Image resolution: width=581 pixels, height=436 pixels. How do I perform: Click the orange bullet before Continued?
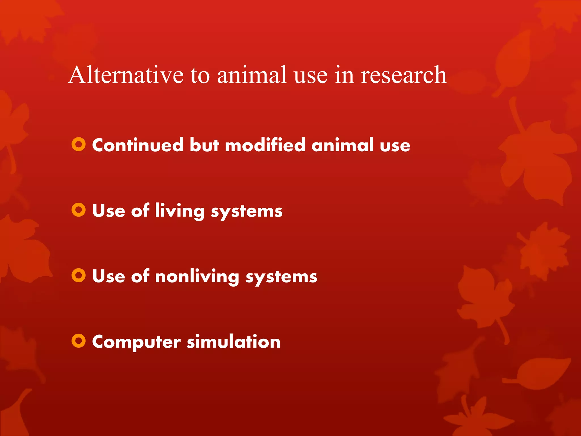[x=79, y=144]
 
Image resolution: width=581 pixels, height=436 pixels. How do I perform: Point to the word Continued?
[x=138, y=145]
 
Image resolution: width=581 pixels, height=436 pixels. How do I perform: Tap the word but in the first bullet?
[x=204, y=145]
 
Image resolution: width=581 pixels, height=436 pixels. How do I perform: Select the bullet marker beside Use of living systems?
[x=79, y=210]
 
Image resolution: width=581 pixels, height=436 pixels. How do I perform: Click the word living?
[x=180, y=211]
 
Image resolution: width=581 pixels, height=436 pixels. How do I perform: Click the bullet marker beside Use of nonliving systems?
[x=79, y=275]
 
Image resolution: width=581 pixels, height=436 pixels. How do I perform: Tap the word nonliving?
[x=197, y=276]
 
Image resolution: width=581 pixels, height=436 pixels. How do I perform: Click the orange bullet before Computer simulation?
[x=79, y=341]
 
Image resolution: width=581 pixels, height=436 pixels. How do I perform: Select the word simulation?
[x=233, y=341]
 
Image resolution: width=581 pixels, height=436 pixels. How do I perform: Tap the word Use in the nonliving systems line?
[x=109, y=276]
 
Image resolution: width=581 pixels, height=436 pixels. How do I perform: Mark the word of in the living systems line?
[x=140, y=211]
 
